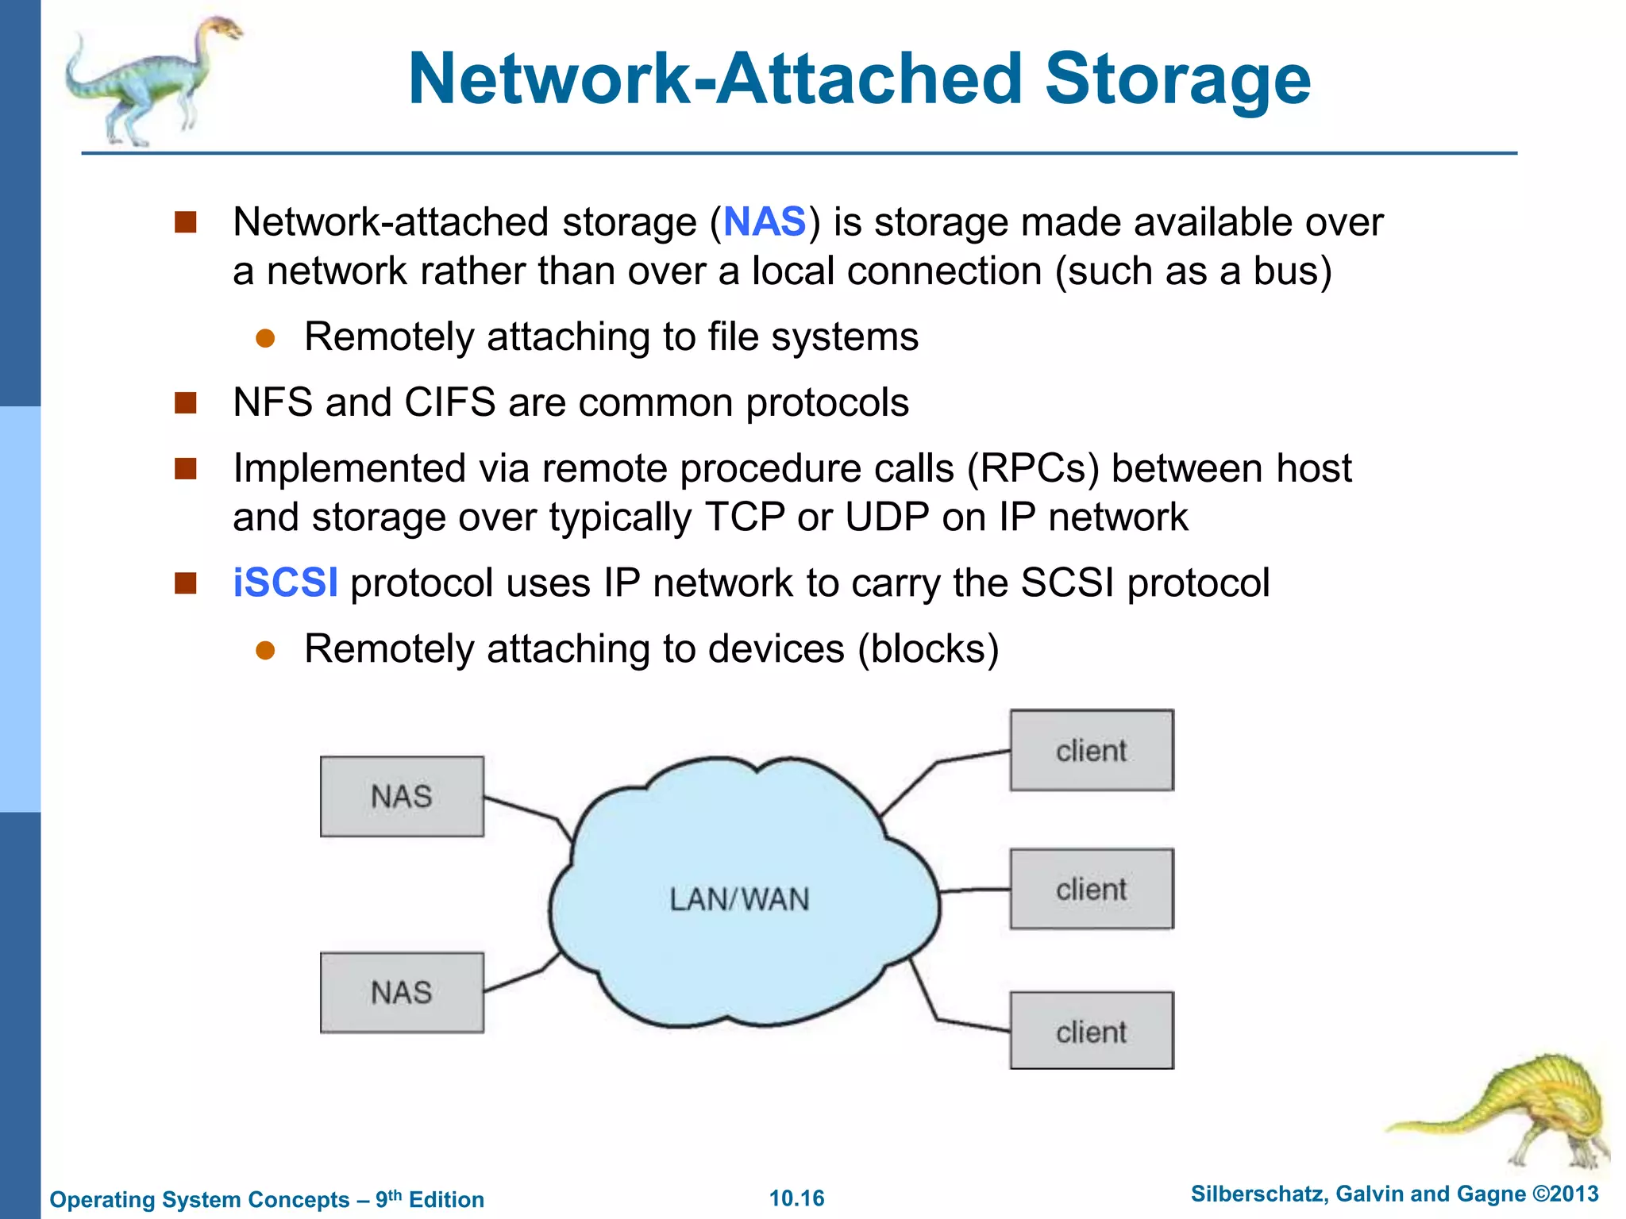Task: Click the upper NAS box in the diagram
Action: click(402, 796)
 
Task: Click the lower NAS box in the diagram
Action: click(402, 992)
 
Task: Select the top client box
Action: click(1091, 750)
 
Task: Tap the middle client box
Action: click(1091, 889)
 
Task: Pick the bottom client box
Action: click(1091, 1031)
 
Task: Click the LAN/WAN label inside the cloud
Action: click(739, 899)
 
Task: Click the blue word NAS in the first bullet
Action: click(765, 221)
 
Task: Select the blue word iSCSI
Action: click(285, 583)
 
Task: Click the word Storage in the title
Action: click(1177, 79)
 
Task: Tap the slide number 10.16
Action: click(796, 1198)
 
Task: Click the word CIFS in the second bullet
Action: click(449, 402)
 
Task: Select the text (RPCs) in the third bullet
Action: click(1032, 468)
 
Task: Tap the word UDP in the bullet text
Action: click(887, 517)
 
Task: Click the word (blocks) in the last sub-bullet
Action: click(927, 648)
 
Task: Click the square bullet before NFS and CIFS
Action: click(185, 402)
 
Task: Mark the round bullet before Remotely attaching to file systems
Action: click(265, 339)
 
